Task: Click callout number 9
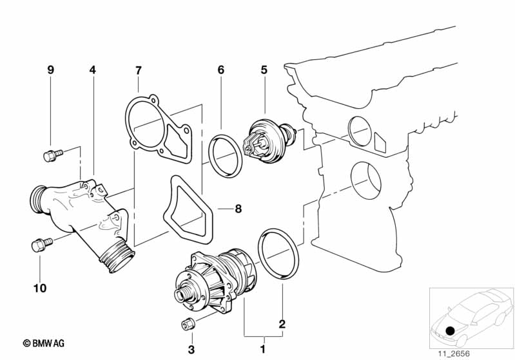(x=50, y=70)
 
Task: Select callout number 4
(x=93, y=70)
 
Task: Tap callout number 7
(x=139, y=70)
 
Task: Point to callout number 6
(x=221, y=70)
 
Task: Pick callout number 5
(x=264, y=70)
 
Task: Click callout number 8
(x=238, y=209)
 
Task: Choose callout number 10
(x=40, y=289)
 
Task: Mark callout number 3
(x=191, y=350)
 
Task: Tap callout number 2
(x=282, y=324)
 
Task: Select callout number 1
(x=262, y=349)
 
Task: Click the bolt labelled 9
(x=53, y=155)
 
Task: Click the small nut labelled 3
(x=188, y=323)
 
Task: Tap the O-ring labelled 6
(x=226, y=156)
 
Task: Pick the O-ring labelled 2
(x=278, y=254)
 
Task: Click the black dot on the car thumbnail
(x=451, y=331)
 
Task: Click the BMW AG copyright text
(x=44, y=344)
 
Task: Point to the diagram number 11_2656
(x=454, y=354)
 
